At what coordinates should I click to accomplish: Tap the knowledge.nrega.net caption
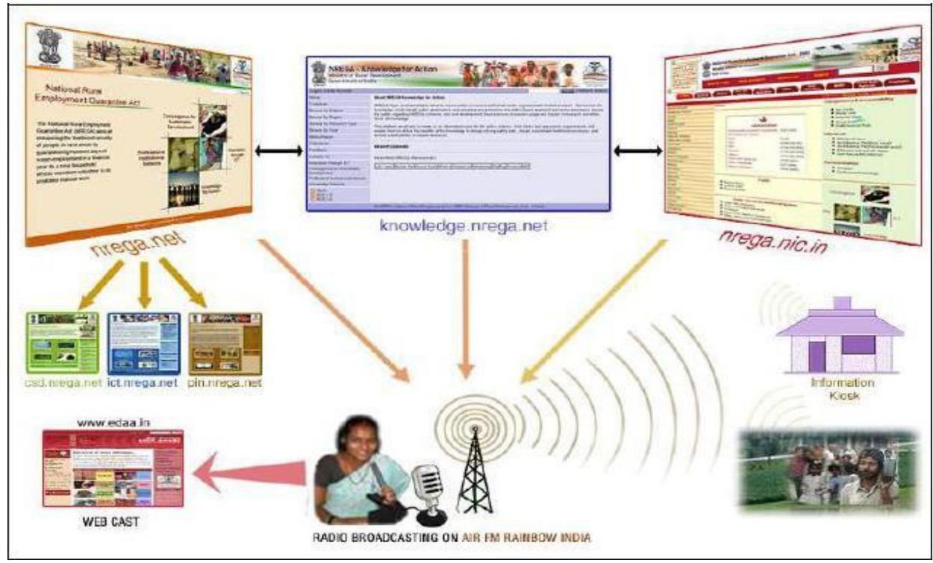(458, 225)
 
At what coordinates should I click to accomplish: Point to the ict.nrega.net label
(144, 383)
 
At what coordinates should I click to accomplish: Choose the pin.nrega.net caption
(225, 383)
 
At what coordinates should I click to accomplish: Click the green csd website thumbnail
(63, 343)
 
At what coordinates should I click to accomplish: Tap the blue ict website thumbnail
(144, 343)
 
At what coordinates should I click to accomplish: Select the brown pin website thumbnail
(225, 343)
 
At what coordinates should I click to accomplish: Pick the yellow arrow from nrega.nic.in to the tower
(597, 306)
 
